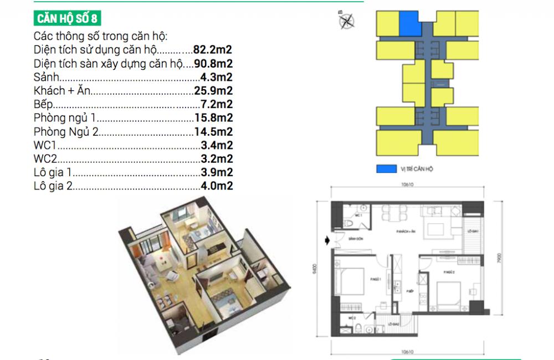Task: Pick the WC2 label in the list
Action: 45,159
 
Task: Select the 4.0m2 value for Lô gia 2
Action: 216,187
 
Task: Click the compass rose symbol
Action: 347,20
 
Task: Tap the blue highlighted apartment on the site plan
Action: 409,24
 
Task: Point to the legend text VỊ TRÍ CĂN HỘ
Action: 417,168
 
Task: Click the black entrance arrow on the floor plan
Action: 327,240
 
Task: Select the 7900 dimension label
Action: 501,258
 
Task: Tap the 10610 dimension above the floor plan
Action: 406,186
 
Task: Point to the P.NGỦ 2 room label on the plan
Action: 449,272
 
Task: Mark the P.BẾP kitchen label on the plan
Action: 410,290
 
